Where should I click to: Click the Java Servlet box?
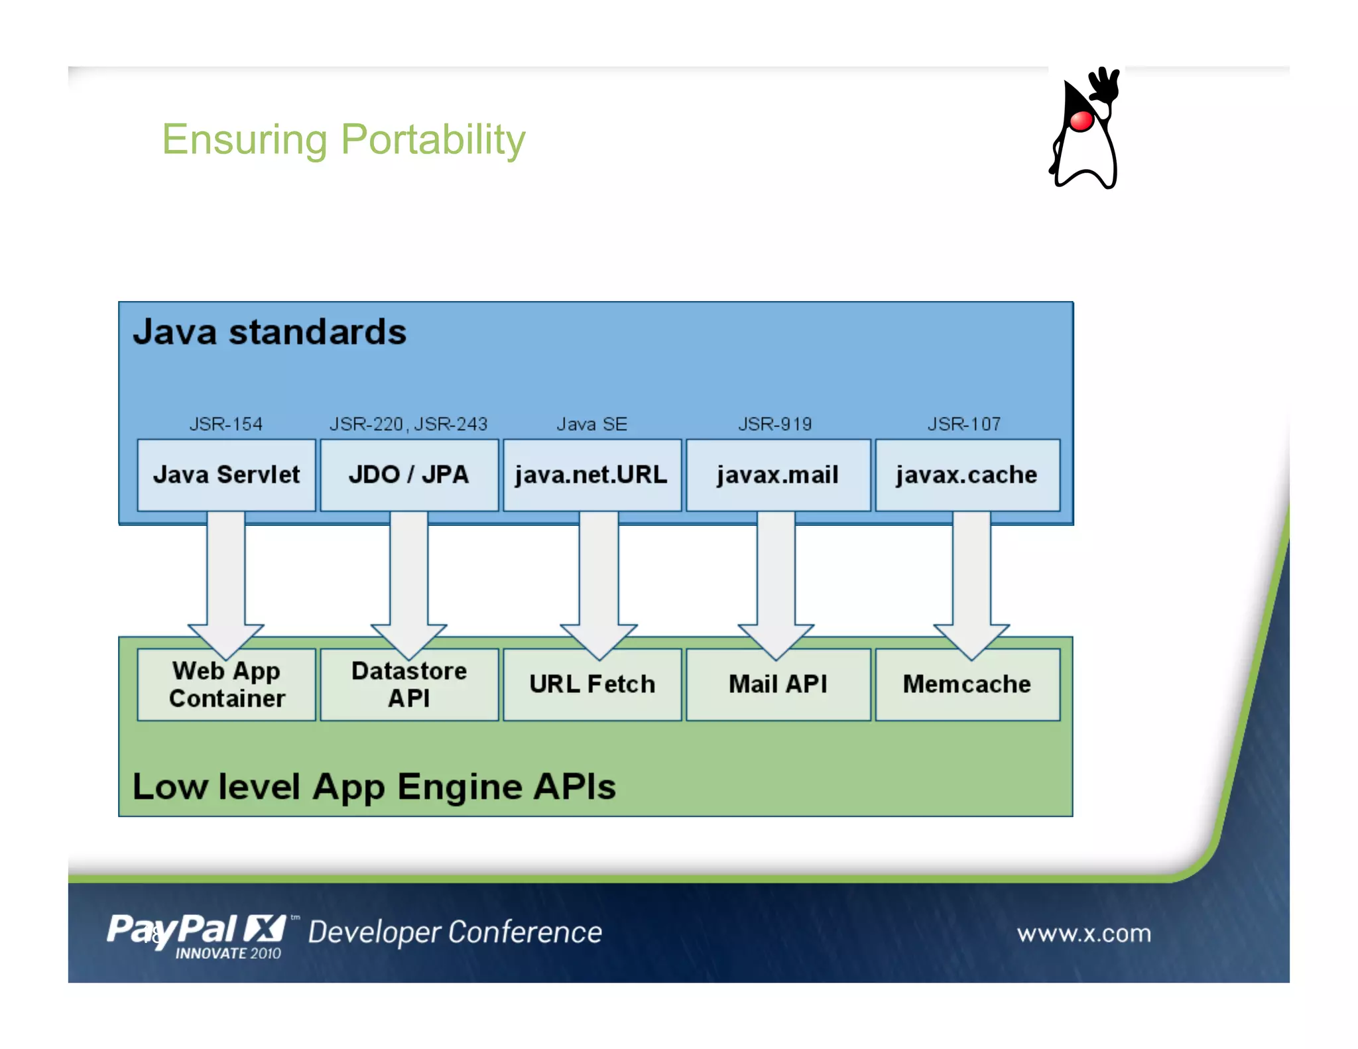tap(226, 475)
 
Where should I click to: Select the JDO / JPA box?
tap(409, 475)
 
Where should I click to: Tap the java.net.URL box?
tap(591, 475)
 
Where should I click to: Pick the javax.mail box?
tap(778, 475)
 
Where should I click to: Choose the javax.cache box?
tap(967, 475)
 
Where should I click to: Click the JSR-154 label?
tap(226, 424)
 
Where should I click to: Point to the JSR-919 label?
tap(775, 424)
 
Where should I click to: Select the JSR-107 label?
tap(964, 424)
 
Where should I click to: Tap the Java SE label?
tap(591, 424)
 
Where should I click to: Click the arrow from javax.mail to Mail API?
tap(776, 577)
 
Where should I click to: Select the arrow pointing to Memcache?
tap(971, 577)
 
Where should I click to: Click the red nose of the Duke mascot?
tap(1081, 121)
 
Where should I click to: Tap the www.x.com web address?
tap(1083, 934)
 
